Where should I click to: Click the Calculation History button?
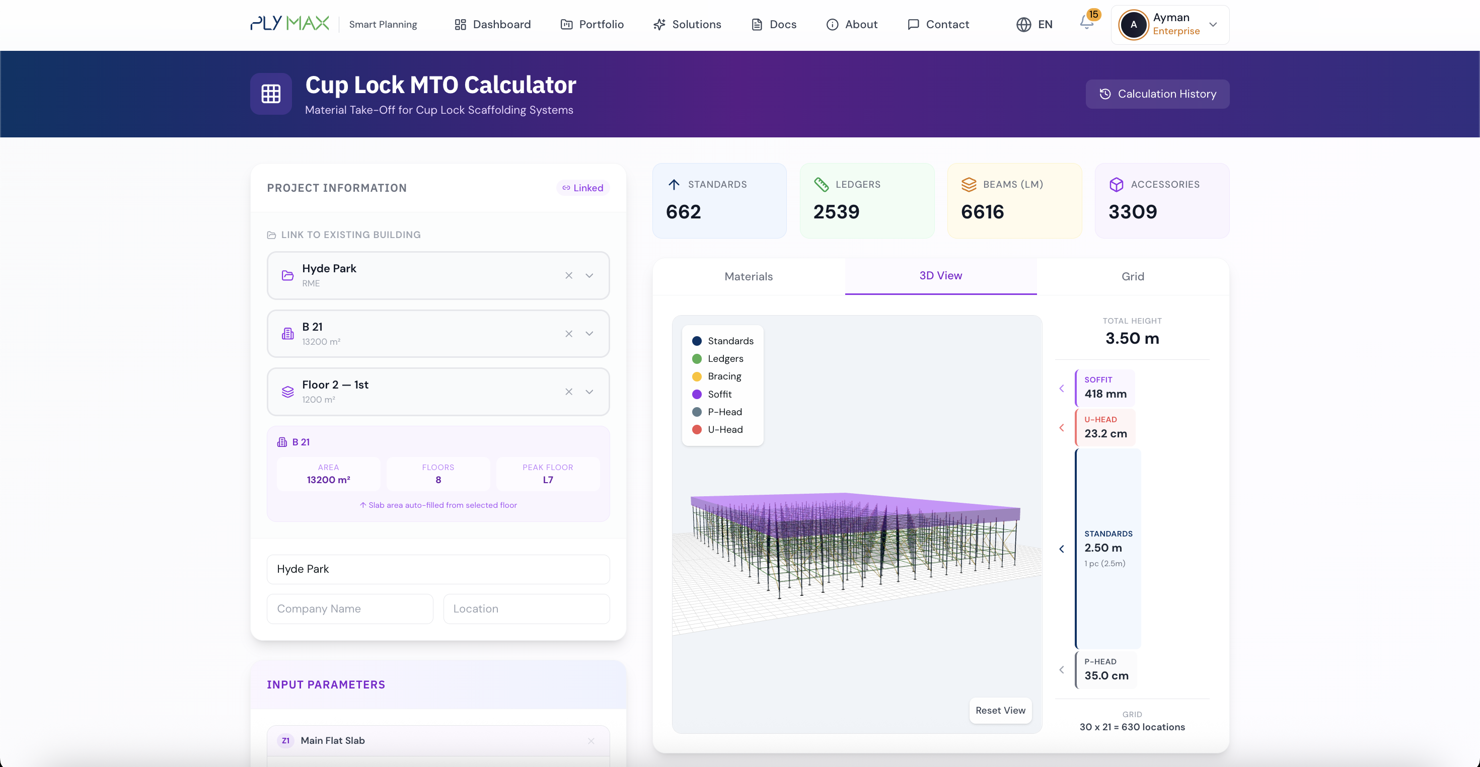click(x=1157, y=94)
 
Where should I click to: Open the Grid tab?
click(x=1133, y=276)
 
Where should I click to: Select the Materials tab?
click(x=748, y=276)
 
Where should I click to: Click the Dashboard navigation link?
click(x=492, y=24)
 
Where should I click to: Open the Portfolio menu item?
click(x=592, y=24)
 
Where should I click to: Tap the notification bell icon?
click(x=1086, y=23)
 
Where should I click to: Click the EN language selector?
click(x=1034, y=24)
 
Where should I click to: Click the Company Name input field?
click(x=349, y=608)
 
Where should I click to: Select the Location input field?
click(x=526, y=608)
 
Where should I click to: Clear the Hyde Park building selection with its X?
click(x=569, y=275)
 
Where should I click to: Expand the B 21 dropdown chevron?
click(x=589, y=333)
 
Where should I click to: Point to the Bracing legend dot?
click(x=697, y=376)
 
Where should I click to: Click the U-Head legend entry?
click(x=724, y=429)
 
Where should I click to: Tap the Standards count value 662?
click(x=683, y=212)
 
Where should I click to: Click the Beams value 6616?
click(x=982, y=212)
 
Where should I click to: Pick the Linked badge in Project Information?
click(x=582, y=188)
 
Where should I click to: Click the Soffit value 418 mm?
click(x=1105, y=394)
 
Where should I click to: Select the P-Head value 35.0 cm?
click(x=1106, y=675)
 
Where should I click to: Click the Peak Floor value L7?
click(x=548, y=480)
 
